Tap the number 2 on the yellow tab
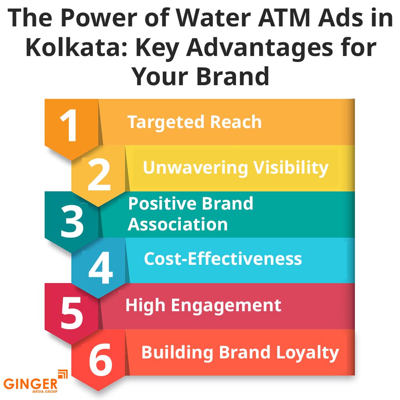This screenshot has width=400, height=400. tap(98, 175)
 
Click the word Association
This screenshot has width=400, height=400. tap(178, 224)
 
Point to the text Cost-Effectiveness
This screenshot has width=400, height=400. tap(223, 259)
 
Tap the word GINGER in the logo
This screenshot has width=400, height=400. tap(31, 384)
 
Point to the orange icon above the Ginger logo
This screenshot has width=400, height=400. tap(63, 374)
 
